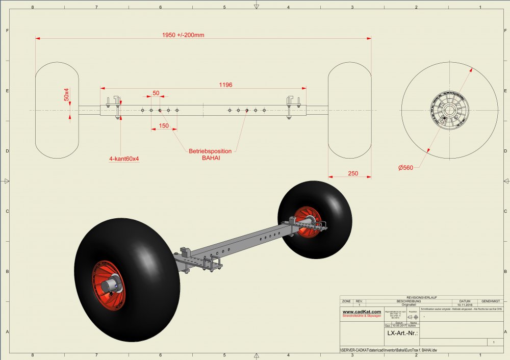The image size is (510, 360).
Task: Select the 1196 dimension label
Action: click(225, 85)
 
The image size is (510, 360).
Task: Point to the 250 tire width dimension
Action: click(353, 173)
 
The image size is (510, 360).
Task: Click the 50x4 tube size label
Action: click(66, 94)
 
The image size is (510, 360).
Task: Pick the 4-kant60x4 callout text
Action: click(124, 159)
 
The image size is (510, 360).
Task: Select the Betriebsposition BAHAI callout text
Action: click(210, 155)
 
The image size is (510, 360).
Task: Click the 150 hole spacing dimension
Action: click(164, 125)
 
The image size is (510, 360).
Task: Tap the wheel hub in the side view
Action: click(450, 110)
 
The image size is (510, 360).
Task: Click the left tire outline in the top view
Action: click(57, 110)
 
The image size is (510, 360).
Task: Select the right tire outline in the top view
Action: click(349, 110)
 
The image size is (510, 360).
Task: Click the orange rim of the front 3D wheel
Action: click(108, 286)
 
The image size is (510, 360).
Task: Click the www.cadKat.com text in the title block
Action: click(362, 312)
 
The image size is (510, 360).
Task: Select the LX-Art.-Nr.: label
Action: click(403, 333)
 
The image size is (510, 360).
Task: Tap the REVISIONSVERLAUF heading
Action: click(422, 297)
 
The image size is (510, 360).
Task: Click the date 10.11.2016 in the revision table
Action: click(468, 304)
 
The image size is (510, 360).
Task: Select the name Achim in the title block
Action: click(413, 325)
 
